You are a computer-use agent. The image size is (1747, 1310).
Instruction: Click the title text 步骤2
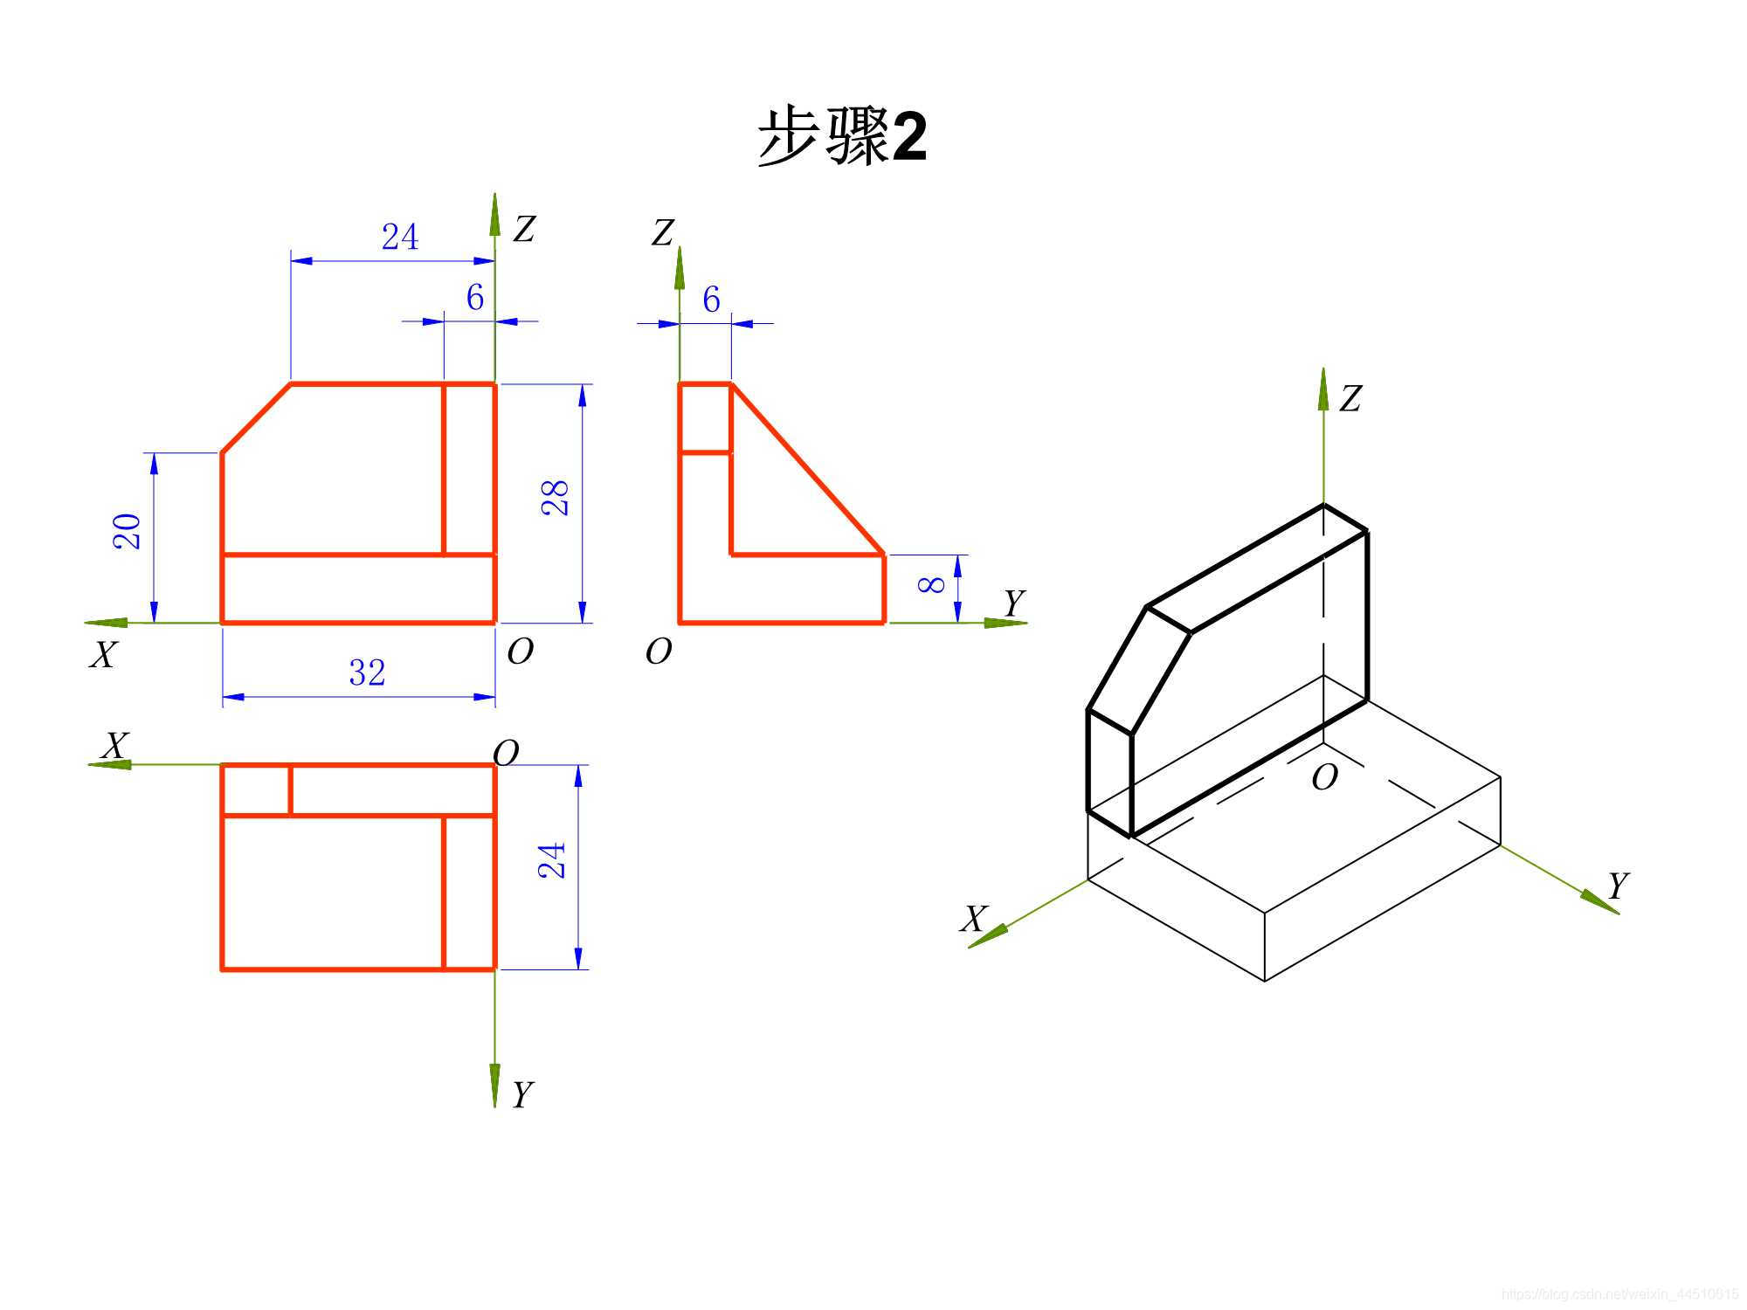pyautogui.click(x=842, y=137)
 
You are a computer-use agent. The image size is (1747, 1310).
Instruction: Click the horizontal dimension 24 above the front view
pyautogui.click(x=400, y=238)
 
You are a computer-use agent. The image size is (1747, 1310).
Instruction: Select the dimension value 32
pyautogui.click(x=367, y=673)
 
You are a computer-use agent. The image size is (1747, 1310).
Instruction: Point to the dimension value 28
pyautogui.click(x=556, y=498)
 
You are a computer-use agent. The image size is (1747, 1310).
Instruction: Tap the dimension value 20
pyautogui.click(x=128, y=531)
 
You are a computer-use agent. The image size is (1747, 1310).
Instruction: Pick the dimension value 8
pyautogui.click(x=932, y=583)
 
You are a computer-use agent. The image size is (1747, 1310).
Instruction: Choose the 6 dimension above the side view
pyautogui.click(x=711, y=300)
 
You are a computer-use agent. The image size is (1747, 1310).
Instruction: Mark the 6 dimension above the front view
pyautogui.click(x=474, y=299)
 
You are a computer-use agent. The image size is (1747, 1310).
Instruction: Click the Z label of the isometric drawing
pyautogui.click(x=1350, y=399)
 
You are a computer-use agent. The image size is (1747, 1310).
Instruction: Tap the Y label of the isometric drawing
pyautogui.click(x=1618, y=886)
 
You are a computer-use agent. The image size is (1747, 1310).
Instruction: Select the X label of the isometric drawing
pyautogui.click(x=974, y=919)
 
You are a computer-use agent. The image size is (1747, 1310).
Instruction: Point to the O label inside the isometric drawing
pyautogui.click(x=1324, y=777)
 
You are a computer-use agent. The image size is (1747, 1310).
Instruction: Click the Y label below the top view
pyautogui.click(x=522, y=1094)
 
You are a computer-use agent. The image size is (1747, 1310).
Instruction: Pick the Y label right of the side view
pyautogui.click(x=1013, y=603)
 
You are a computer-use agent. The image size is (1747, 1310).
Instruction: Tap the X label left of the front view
pyautogui.click(x=103, y=654)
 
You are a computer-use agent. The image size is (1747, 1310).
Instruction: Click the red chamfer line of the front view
pyautogui.click(x=256, y=418)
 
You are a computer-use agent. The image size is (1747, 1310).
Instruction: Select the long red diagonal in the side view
pyautogui.click(x=808, y=469)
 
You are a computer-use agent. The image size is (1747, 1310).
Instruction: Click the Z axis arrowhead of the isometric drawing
pyautogui.click(x=1323, y=390)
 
